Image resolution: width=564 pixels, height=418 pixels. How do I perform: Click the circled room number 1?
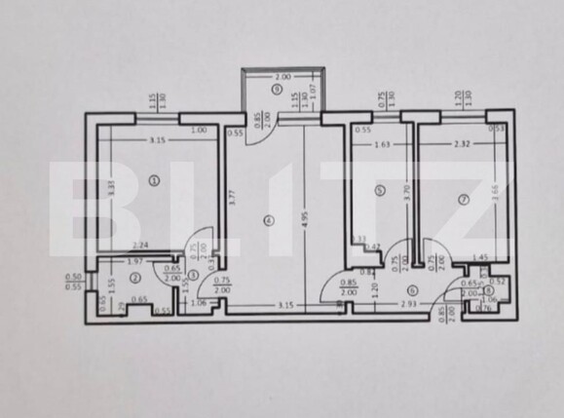click(x=154, y=180)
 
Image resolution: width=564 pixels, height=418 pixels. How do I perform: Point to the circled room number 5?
click(x=381, y=191)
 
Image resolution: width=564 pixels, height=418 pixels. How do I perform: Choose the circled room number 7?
click(x=464, y=200)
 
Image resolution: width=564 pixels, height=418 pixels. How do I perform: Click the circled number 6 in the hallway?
click(x=413, y=290)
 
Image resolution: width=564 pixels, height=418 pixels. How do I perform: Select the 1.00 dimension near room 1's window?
click(x=198, y=131)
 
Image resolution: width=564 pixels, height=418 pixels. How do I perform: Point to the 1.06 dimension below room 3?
click(x=199, y=302)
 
